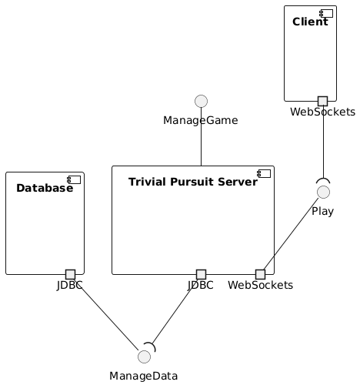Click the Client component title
(310, 22)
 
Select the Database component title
(44, 188)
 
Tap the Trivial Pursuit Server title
(192, 182)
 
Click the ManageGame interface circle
(201, 100)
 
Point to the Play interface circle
(324, 191)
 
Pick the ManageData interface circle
(143, 356)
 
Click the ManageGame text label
(201, 120)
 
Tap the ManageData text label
(143, 376)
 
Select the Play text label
(324, 211)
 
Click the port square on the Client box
(323, 101)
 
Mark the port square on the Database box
(70, 274)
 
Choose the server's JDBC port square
(202, 274)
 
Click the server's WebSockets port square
(260, 274)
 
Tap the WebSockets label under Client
(323, 112)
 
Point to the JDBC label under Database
(70, 286)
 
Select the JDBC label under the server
(202, 286)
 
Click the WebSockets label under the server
(260, 286)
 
